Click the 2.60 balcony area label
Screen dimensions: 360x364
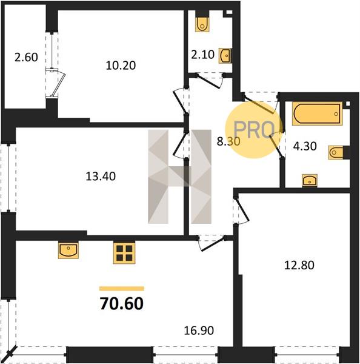pos(26,58)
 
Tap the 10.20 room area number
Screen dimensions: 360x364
pos(121,66)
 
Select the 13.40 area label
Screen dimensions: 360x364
pos(101,177)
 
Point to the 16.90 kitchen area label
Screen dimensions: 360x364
pos(199,331)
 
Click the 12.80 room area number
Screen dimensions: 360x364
pos(299,265)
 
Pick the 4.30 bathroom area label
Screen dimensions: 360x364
pos(305,146)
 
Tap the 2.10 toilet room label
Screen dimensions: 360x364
pos(203,55)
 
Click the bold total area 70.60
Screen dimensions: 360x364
pos(122,304)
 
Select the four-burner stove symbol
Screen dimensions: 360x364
pos(124,253)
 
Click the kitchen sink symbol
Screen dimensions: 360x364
pos(68,250)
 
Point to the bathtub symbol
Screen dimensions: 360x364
pos(317,114)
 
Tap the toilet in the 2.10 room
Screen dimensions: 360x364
pos(202,24)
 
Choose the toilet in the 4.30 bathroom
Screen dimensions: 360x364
pos(336,152)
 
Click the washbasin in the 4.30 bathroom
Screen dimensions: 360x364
pos(310,180)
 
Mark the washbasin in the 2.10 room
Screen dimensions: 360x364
pos(225,56)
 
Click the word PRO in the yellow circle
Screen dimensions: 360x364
pos(254,130)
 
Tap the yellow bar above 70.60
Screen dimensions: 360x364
pos(122,289)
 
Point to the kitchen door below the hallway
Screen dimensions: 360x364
pos(211,244)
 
